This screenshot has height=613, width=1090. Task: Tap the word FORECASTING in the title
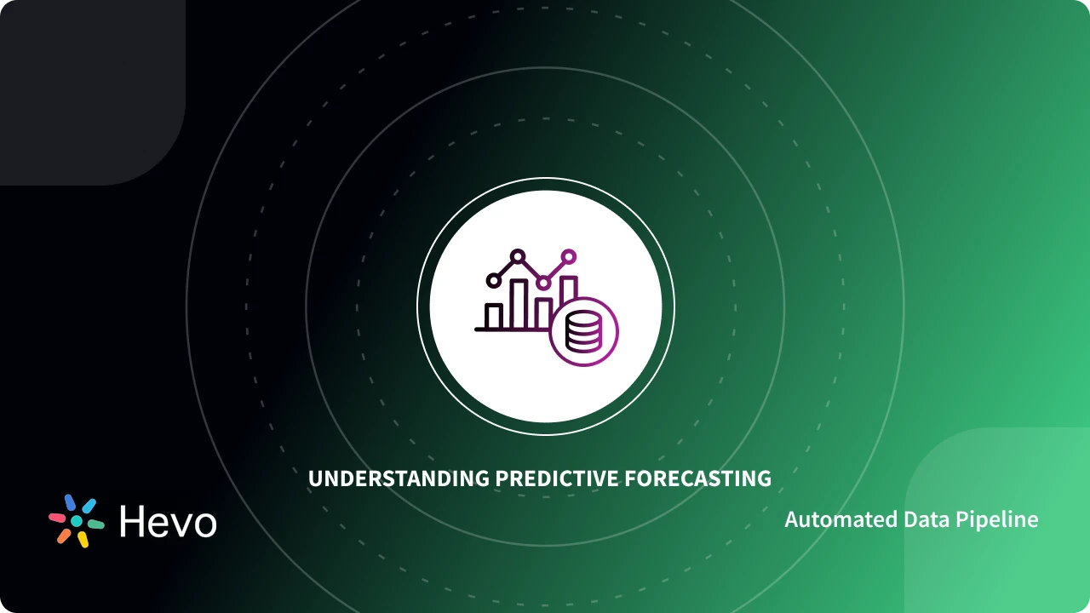698,478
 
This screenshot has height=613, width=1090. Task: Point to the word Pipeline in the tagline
998,519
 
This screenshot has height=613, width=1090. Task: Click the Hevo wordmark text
168,521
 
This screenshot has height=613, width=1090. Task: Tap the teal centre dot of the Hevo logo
76,521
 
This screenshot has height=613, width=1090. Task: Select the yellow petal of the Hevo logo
83,540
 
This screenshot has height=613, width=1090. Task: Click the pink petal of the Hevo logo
57,517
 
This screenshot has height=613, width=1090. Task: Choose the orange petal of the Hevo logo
64,536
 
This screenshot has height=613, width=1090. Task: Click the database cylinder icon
583,332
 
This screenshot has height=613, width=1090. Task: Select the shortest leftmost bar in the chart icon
494,317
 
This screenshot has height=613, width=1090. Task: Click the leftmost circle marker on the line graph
492,280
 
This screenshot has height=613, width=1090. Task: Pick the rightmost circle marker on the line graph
569,255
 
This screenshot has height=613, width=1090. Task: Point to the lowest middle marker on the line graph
542,282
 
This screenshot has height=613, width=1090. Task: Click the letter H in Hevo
133,521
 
